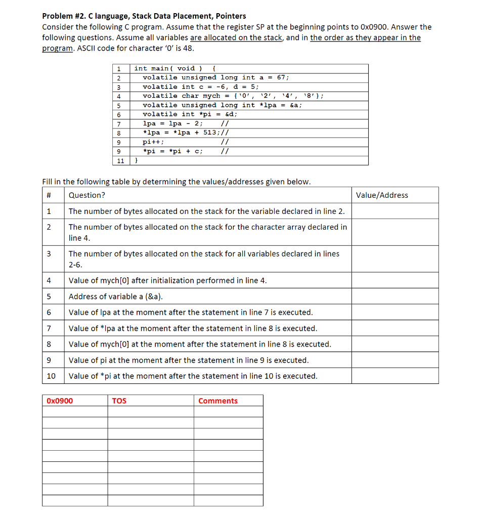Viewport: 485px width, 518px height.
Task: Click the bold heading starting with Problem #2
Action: point(144,16)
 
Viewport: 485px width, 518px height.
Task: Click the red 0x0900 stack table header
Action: point(60,401)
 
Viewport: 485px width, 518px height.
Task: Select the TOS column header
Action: point(119,401)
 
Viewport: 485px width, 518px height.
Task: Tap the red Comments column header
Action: point(217,401)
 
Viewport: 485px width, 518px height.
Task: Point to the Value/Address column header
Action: point(382,195)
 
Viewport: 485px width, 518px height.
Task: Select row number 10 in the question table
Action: point(51,376)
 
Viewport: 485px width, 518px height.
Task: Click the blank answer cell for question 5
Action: point(394,296)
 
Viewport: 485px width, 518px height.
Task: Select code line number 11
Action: point(120,160)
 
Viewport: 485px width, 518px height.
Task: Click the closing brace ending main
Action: point(136,160)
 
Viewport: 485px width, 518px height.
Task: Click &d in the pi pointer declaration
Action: point(231,114)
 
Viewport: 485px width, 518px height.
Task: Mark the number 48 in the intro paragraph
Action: point(189,48)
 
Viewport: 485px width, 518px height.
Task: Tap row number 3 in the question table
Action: point(49,254)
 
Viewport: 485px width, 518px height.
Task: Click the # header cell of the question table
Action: point(49,195)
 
